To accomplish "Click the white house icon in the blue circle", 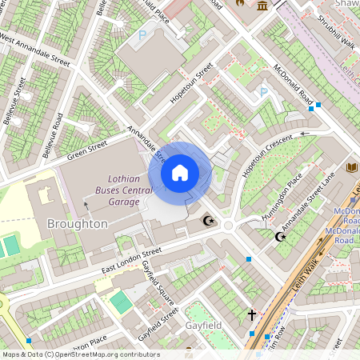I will (180, 172).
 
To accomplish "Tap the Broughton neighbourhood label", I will (77, 223).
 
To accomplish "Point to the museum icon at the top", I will (263, 6).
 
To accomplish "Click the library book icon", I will (352, 167).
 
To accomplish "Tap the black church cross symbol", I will (251, 315).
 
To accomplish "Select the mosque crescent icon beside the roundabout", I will (210, 220).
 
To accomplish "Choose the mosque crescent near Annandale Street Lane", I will (280, 236).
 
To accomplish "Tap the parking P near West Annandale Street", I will (142, 35).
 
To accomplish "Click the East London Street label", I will (131, 262).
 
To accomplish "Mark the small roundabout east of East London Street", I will (229, 226).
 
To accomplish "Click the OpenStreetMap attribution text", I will (80, 354).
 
